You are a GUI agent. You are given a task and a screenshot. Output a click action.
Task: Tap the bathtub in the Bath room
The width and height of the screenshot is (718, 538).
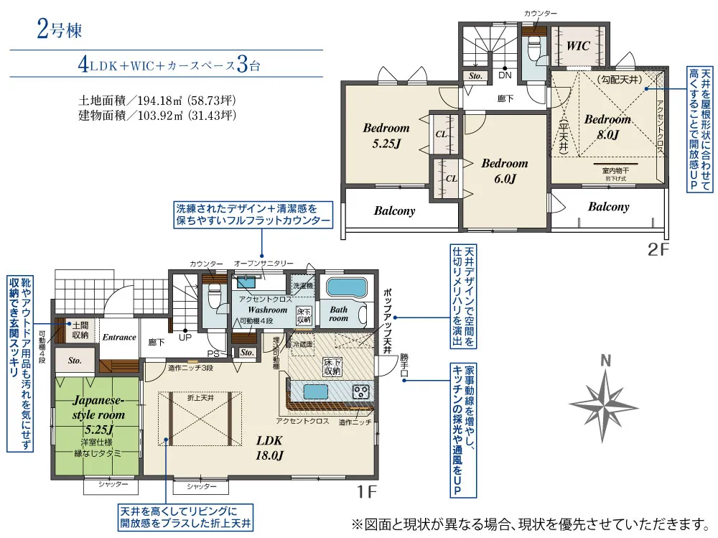347,288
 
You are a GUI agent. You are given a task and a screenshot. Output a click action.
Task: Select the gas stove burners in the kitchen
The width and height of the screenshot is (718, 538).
360,391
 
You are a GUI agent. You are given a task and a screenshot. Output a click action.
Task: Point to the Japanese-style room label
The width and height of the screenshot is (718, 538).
98,408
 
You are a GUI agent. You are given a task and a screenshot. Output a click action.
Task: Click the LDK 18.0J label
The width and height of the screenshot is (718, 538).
269,447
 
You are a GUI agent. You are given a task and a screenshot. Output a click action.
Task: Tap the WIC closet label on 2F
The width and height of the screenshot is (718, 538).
578,46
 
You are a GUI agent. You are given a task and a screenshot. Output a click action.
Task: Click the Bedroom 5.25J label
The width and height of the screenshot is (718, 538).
386,135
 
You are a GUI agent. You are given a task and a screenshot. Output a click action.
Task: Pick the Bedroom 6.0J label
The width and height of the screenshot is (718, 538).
504,170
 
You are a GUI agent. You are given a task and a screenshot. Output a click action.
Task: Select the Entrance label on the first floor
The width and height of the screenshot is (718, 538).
118,337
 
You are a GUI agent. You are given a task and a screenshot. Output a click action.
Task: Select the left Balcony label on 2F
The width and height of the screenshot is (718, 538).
394,211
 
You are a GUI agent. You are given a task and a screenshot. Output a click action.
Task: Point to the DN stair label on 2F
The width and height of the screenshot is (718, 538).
505,75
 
